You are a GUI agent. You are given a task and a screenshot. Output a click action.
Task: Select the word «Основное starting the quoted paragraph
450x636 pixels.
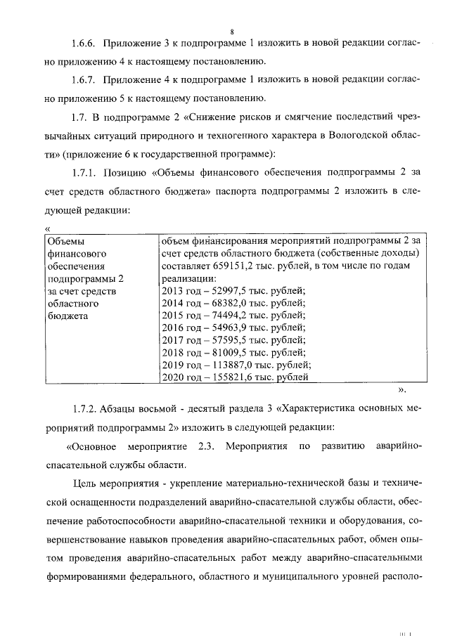[92, 446]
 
